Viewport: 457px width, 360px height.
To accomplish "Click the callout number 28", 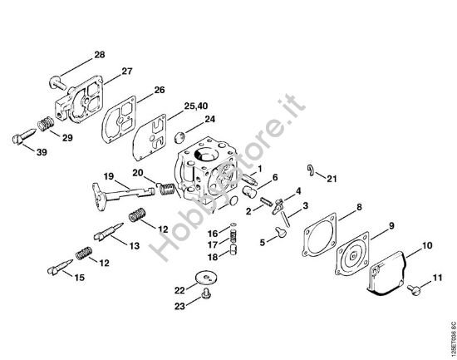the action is pyautogui.click(x=100, y=55).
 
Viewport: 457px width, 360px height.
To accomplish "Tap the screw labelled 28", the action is pyautogui.click(x=57, y=82).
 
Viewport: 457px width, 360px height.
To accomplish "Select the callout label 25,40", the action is pyautogui.click(x=196, y=106).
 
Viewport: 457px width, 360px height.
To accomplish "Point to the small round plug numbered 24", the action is pyautogui.click(x=179, y=137).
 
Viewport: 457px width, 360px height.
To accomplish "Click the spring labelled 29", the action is pyautogui.click(x=46, y=123).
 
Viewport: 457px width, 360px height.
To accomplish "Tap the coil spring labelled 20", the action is pyautogui.click(x=166, y=189).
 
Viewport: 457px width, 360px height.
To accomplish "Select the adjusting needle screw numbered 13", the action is pyautogui.click(x=108, y=231).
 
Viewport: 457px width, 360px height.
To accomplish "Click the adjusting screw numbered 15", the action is pyautogui.click(x=60, y=267).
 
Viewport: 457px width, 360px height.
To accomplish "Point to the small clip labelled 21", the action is pyautogui.click(x=312, y=170).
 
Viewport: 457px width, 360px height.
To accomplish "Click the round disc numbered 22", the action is pyautogui.click(x=206, y=277).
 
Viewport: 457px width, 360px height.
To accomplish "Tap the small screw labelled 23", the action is pyautogui.click(x=206, y=293).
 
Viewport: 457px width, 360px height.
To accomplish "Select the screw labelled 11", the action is pyautogui.click(x=414, y=289).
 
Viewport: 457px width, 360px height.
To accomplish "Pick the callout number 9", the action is pyautogui.click(x=391, y=226).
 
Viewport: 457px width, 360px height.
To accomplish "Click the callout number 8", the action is pyautogui.click(x=359, y=207).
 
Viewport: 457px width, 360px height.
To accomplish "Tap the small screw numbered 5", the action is pyautogui.click(x=281, y=232).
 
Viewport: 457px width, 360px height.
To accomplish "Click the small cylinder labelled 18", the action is pyautogui.click(x=233, y=249).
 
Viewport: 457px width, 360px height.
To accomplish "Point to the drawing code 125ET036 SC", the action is pyautogui.click(x=453, y=339).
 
